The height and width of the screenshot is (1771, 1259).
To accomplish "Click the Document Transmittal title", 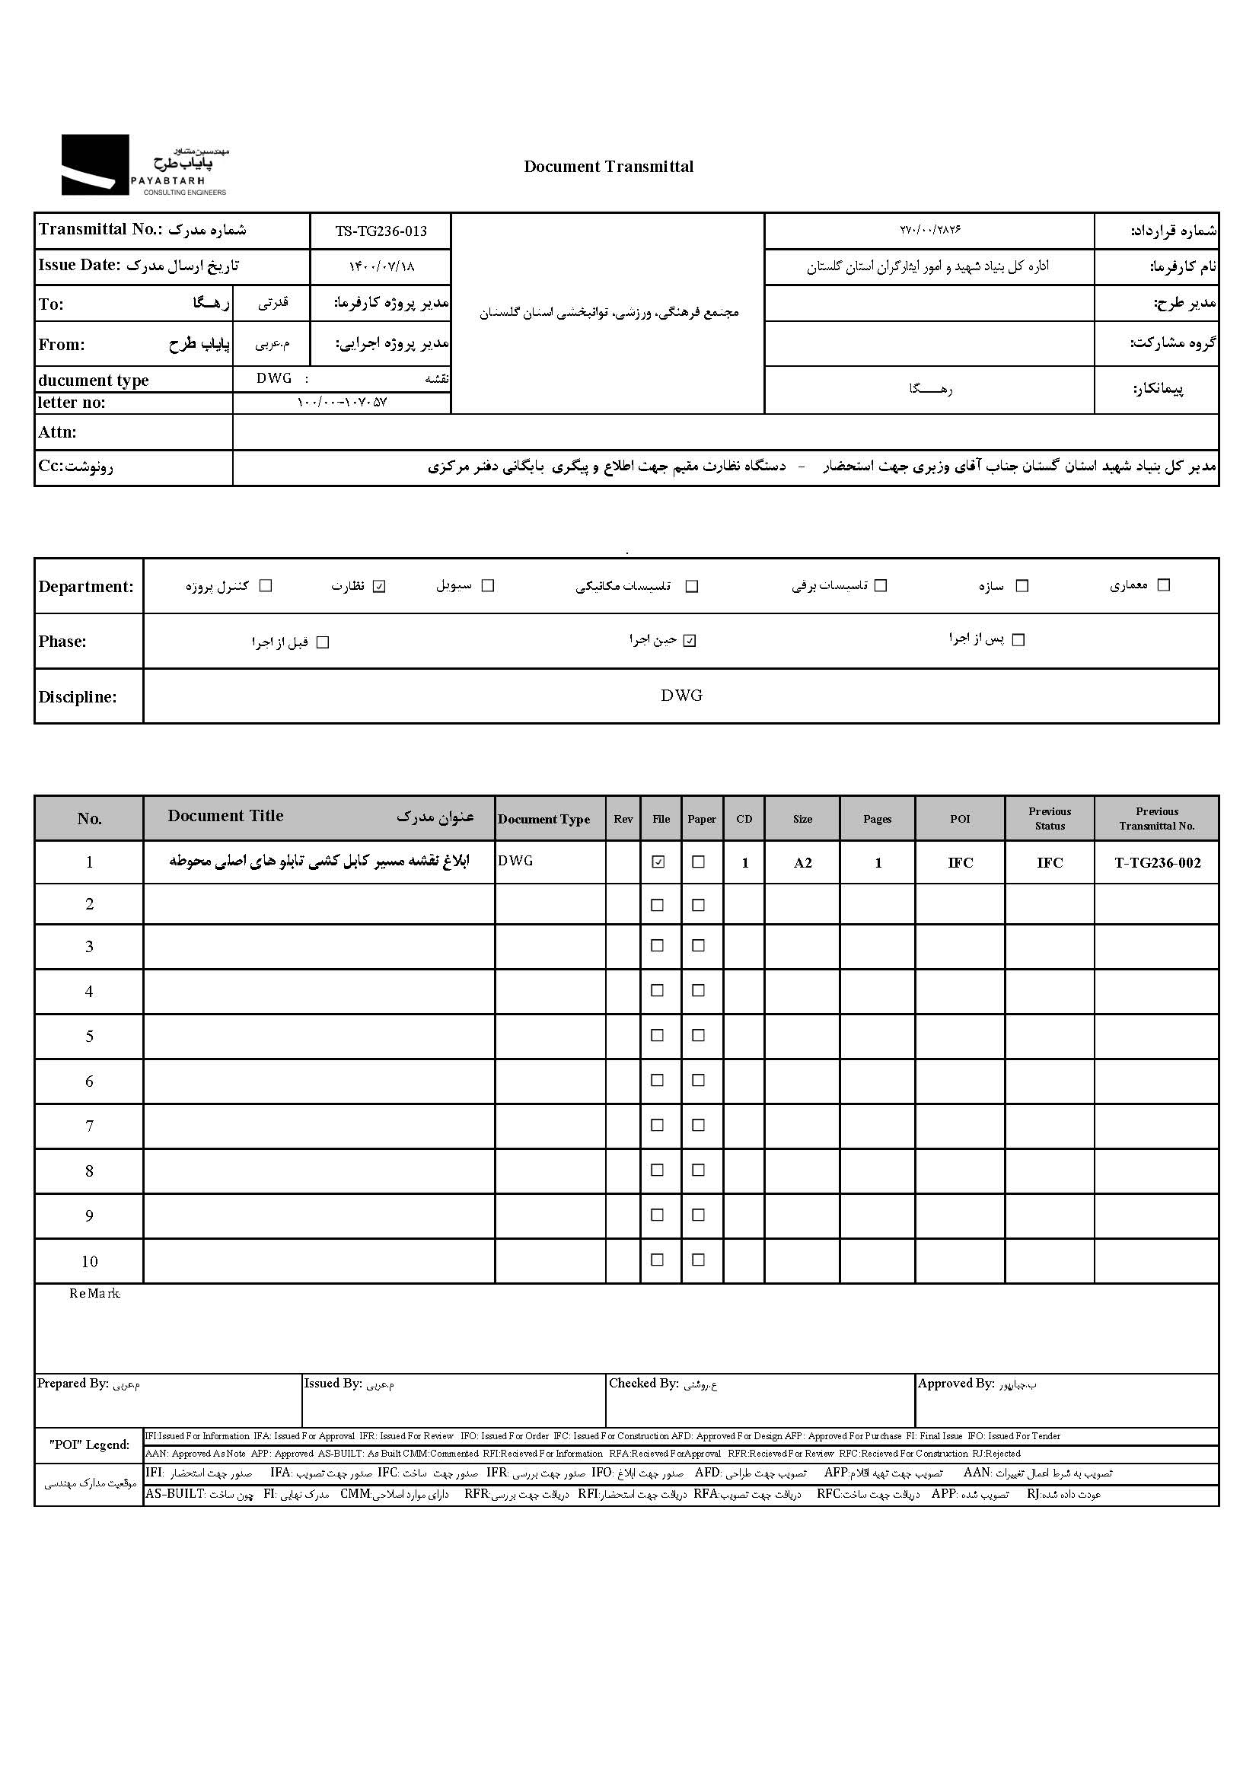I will tap(609, 167).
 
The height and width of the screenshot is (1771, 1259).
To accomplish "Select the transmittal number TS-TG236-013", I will tap(381, 231).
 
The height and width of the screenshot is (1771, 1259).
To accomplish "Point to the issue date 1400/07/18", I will tap(381, 266).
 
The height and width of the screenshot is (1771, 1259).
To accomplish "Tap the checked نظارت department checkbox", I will tap(379, 586).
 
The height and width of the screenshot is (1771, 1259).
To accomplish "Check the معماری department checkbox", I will tap(1163, 585).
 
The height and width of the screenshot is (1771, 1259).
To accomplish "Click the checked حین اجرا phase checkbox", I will tap(690, 641).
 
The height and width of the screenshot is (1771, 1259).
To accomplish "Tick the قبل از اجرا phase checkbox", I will tap(324, 642).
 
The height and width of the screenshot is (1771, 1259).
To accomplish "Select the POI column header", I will tap(960, 819).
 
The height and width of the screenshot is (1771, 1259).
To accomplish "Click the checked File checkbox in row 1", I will tap(658, 862).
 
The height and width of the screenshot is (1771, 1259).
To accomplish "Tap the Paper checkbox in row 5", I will tap(699, 1036).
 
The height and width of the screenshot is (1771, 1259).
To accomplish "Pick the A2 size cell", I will tap(802, 863).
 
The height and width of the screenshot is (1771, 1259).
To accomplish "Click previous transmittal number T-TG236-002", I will tap(1157, 863).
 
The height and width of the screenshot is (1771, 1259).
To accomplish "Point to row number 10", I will tap(89, 1262).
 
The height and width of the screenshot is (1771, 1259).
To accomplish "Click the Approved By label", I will tap(955, 1384).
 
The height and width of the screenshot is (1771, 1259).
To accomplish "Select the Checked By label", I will tap(643, 1384).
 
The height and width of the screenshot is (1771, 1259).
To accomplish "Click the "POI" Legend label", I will tap(89, 1445).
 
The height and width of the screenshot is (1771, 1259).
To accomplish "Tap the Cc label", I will tap(75, 467).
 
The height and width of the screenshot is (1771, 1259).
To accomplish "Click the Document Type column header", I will tap(543, 819).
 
